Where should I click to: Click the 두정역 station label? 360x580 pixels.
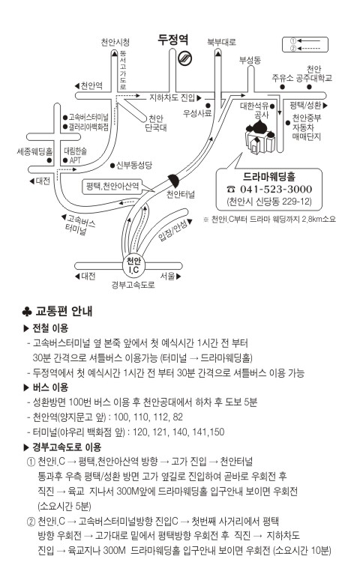173,40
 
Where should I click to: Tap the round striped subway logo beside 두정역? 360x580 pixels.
184,58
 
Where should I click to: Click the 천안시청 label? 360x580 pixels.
115,42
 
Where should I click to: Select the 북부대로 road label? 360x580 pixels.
221,42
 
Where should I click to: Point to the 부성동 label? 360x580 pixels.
250,60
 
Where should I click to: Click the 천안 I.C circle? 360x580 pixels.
133,265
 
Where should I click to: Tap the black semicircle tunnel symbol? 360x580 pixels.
175,181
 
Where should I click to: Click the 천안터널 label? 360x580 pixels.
180,194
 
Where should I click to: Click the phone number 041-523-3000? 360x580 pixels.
275,189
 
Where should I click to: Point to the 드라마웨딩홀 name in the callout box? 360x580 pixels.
269,176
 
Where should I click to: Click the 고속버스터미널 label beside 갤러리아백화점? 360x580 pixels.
88,117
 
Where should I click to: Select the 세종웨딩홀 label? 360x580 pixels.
34,151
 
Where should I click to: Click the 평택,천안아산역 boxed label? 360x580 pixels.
112,186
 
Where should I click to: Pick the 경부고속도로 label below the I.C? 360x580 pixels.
133,285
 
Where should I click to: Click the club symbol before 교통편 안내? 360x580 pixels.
27,312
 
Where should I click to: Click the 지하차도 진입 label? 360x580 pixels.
172,97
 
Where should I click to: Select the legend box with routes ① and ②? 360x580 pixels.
305,44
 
